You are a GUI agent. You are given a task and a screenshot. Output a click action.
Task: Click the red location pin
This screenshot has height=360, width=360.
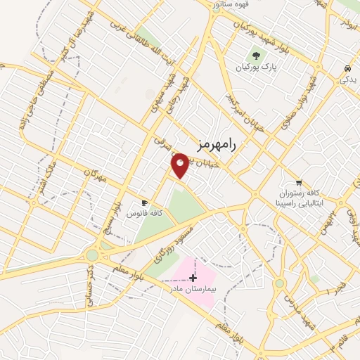(x=181, y=165)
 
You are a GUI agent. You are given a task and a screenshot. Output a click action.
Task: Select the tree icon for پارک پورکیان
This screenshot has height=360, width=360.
(x=256, y=56)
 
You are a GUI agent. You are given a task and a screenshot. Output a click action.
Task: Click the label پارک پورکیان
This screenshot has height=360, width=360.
(x=256, y=67)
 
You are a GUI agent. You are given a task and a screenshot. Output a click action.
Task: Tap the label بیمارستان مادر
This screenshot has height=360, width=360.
(x=193, y=289)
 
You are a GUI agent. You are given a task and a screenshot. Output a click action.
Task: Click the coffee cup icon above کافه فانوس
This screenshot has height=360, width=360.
(x=144, y=202)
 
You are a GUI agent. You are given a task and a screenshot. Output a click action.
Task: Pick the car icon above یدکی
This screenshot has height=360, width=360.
(x=348, y=68)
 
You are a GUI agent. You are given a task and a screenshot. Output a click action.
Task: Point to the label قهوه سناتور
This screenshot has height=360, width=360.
(x=238, y=5)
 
